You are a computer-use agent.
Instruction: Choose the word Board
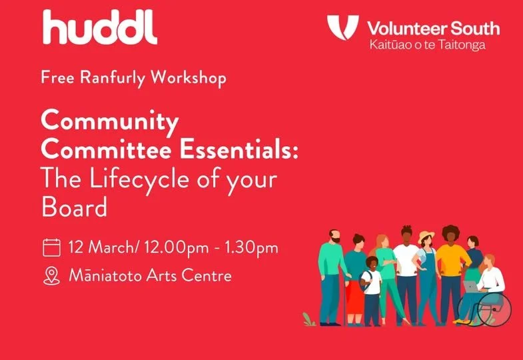[74, 207]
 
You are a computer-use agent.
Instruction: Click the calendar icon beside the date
[51, 249]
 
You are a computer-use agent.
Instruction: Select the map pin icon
[51, 275]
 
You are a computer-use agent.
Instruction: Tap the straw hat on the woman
[426, 235]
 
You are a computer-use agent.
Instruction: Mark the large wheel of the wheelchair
[494, 309]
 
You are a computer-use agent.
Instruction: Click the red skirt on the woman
[356, 303]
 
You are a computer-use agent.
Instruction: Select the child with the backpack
[371, 287]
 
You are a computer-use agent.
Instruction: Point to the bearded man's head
[334, 237]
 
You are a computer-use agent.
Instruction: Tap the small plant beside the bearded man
[308, 319]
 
